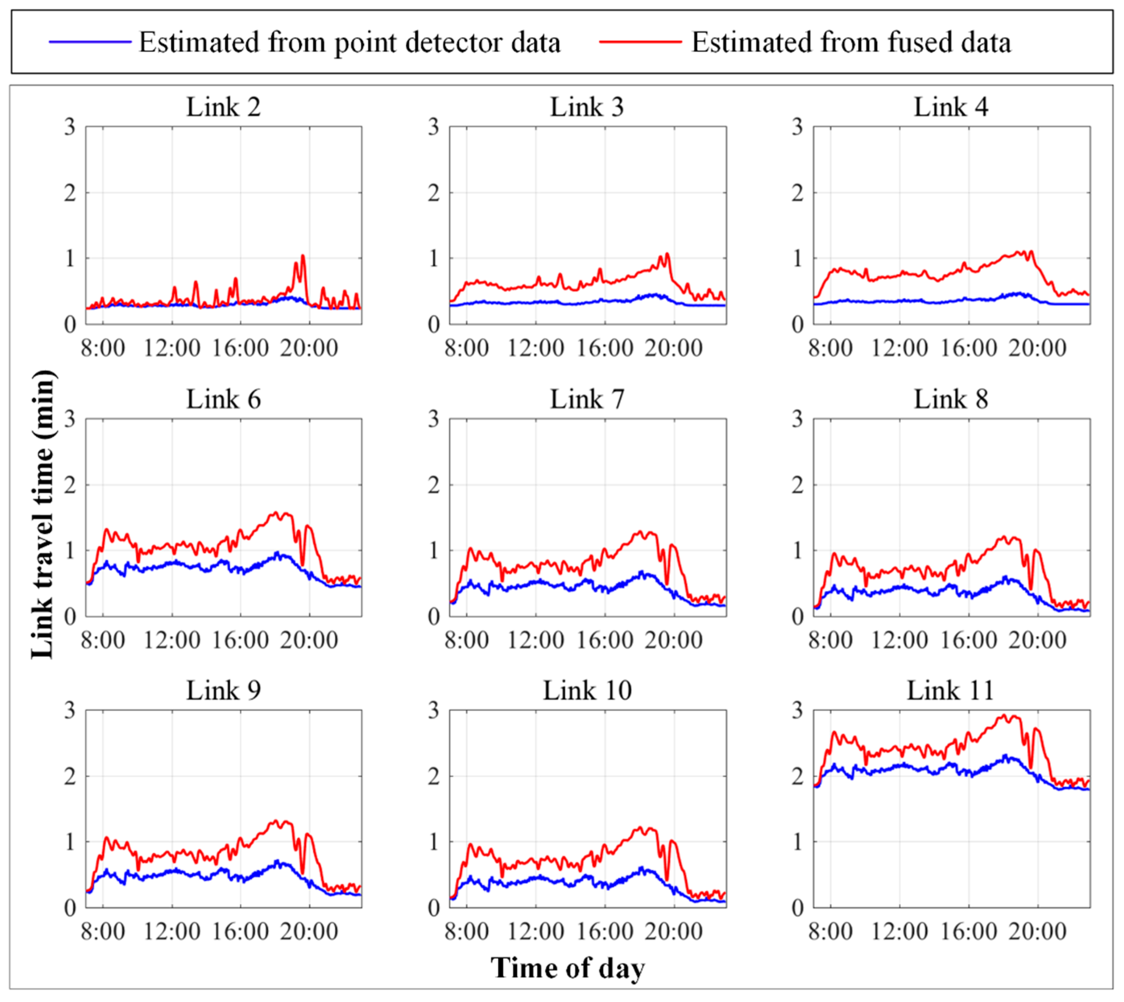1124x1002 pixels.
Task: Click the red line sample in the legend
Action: click(x=640, y=42)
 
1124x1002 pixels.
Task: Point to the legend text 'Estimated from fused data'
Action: click(x=851, y=42)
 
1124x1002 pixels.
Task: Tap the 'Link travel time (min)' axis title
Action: click(x=43, y=515)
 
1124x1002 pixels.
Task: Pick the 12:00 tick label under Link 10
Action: click(x=535, y=931)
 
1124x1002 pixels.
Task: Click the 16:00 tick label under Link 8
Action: click(x=968, y=640)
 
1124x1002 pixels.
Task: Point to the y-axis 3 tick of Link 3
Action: click(x=434, y=127)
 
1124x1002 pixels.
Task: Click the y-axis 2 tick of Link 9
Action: click(x=69, y=776)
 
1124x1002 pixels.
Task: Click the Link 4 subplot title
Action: click(x=951, y=107)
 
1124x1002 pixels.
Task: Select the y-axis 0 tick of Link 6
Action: click(x=69, y=617)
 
